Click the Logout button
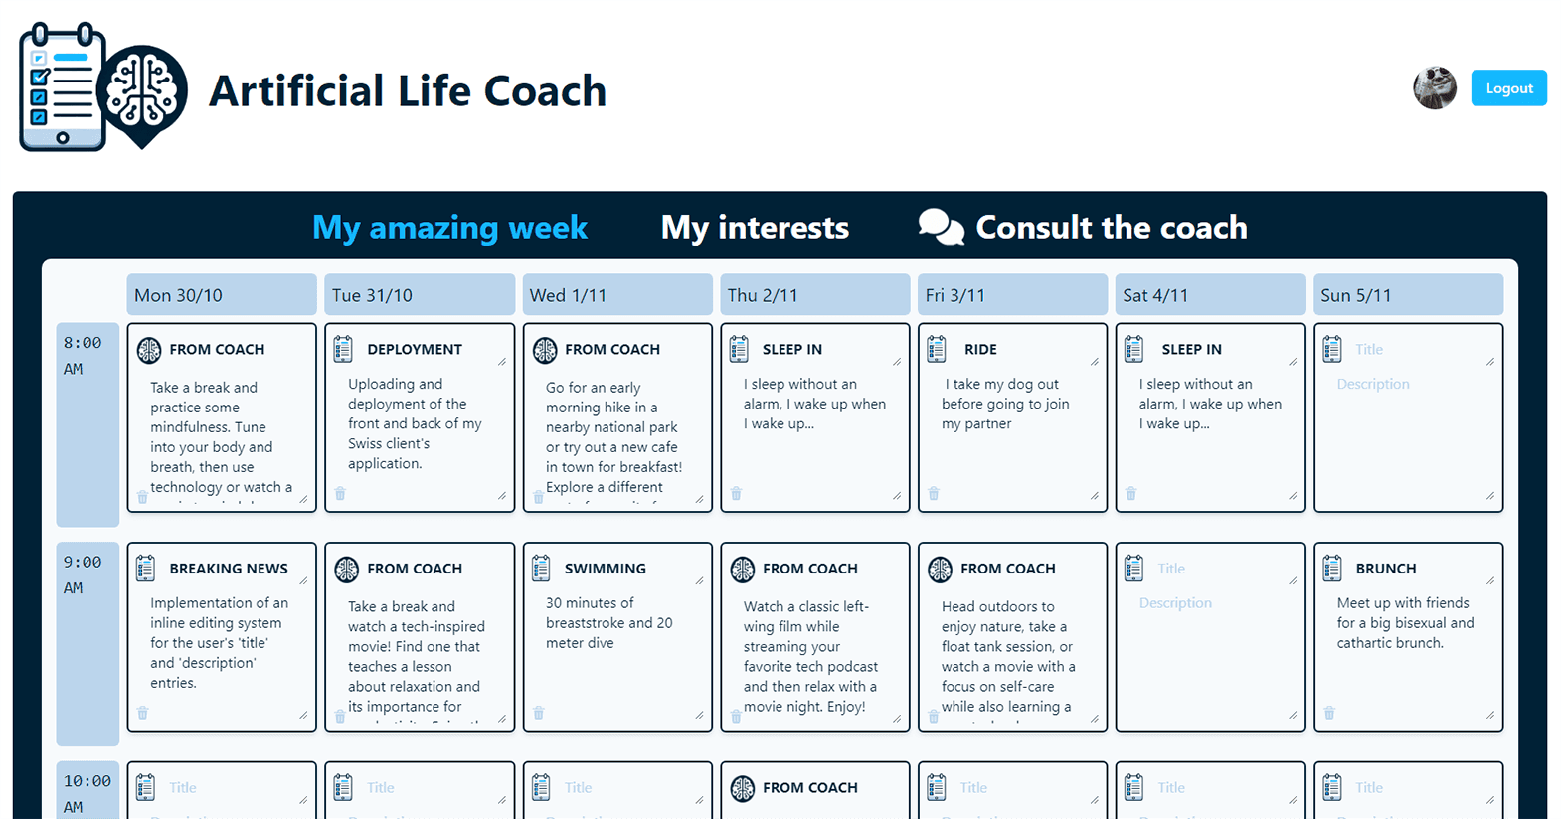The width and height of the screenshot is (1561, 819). point(1508,88)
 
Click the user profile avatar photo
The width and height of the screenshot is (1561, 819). point(1435,88)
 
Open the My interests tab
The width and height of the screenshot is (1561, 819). point(755,227)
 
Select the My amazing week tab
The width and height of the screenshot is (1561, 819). point(449,227)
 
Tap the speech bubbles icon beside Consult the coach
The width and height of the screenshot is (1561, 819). point(941,227)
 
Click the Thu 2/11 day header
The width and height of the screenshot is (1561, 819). point(814,295)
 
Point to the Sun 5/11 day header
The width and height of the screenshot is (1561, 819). point(1408,295)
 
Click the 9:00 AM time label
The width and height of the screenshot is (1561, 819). point(84,574)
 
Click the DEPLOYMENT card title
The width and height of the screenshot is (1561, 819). point(415,349)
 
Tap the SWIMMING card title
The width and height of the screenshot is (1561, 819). point(605,569)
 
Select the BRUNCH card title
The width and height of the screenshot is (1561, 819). point(1385,569)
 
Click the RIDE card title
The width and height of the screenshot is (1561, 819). point(980,349)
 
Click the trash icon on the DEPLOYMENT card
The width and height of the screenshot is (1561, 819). point(340,494)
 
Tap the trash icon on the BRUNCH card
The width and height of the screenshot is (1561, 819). point(1329,713)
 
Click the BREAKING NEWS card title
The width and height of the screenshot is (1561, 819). point(229,569)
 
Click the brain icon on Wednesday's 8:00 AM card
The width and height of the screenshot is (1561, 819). point(545,350)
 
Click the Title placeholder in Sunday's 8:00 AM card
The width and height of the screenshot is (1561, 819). point(1369,349)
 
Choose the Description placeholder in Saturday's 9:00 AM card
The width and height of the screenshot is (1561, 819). point(1175,603)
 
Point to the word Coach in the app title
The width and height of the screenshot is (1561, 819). point(545,91)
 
